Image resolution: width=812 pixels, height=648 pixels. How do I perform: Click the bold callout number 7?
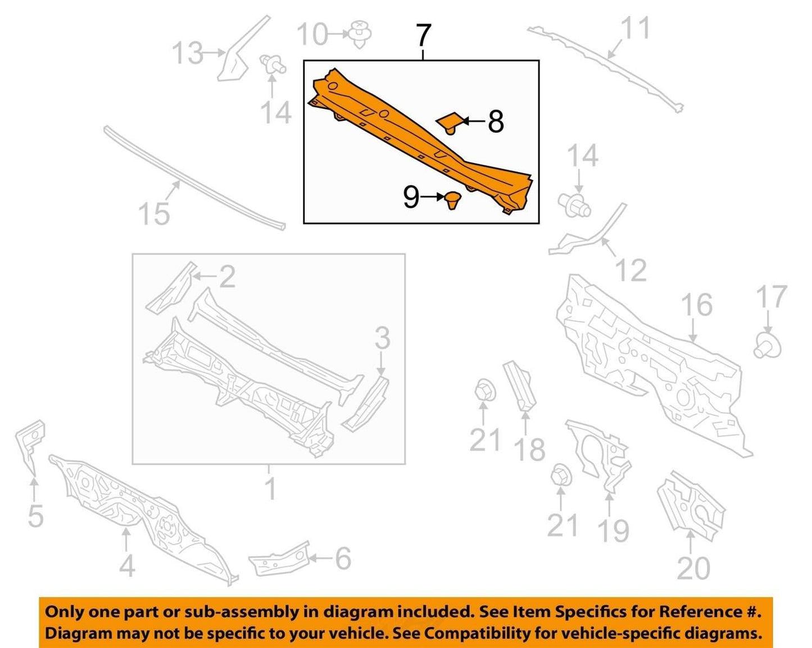click(x=423, y=35)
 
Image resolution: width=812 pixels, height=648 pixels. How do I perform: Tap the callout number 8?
click(x=496, y=121)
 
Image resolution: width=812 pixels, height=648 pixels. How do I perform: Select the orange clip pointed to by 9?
click(x=452, y=200)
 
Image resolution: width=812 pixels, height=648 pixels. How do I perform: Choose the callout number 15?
click(x=155, y=214)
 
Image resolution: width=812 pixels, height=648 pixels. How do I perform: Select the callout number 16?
click(x=697, y=305)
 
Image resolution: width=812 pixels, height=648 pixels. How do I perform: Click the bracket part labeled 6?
click(x=280, y=563)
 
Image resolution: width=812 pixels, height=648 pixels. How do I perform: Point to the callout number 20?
click(x=693, y=578)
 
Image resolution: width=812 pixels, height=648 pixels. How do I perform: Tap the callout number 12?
click(x=631, y=270)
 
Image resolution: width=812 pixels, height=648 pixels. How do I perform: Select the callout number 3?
click(x=382, y=338)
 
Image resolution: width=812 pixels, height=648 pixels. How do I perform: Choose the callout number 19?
click(x=614, y=531)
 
